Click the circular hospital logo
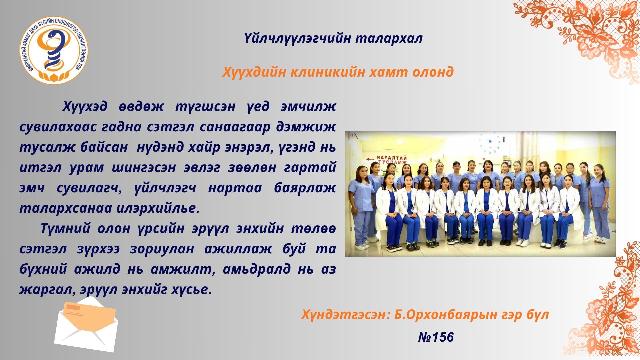click(x=54, y=50)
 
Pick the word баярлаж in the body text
click(x=305, y=188)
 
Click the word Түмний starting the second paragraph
click(x=65, y=229)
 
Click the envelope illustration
click(x=86, y=324)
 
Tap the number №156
click(x=436, y=337)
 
